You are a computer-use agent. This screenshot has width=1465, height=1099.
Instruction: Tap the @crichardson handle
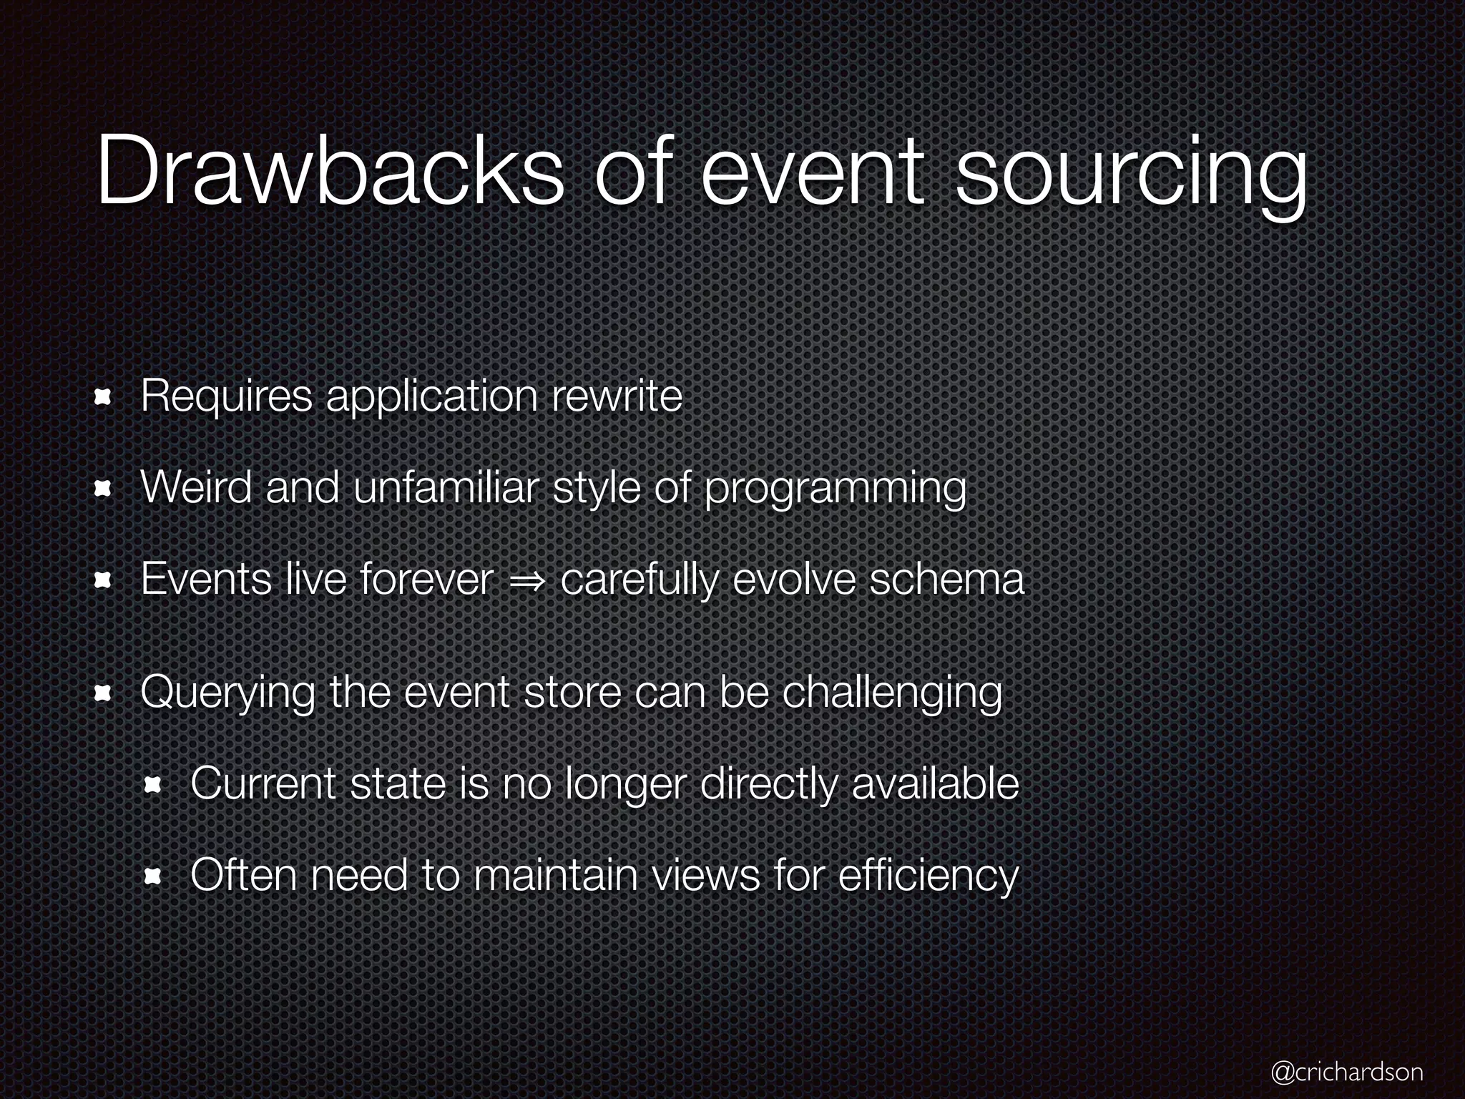pyautogui.click(x=1347, y=1071)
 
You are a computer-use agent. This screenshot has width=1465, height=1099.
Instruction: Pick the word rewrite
pyautogui.click(x=617, y=396)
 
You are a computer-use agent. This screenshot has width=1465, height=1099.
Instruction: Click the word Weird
pyautogui.click(x=197, y=488)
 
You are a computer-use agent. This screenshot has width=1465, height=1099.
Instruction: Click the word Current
pyautogui.click(x=263, y=784)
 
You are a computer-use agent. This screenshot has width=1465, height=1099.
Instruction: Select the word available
pyautogui.click(x=935, y=784)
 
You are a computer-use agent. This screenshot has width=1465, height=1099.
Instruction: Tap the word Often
pyautogui.click(x=244, y=875)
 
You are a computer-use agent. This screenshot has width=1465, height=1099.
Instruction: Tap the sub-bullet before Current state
pyautogui.click(x=152, y=785)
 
